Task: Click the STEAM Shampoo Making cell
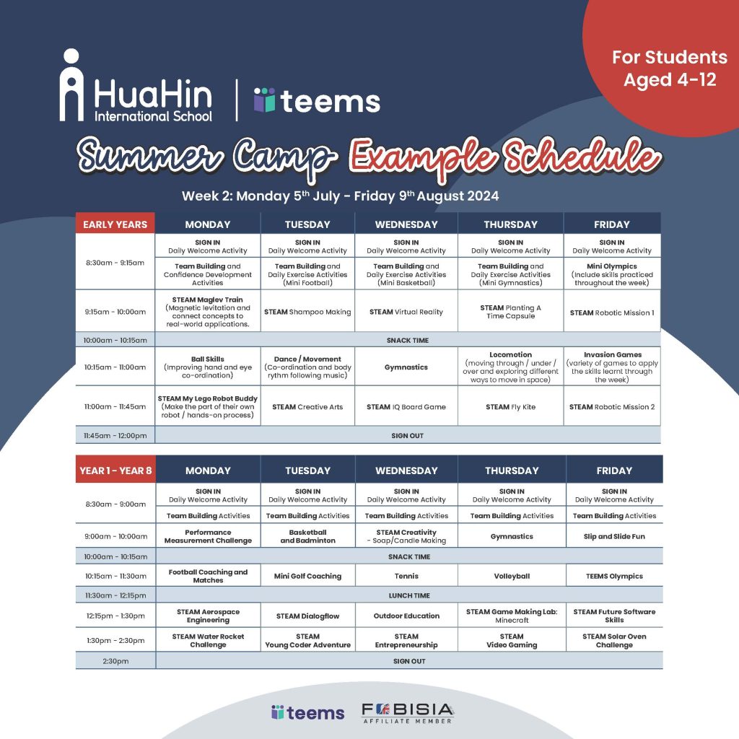coord(307,312)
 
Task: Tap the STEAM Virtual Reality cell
coord(406,312)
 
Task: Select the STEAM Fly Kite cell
coord(510,407)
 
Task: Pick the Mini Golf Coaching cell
coord(307,576)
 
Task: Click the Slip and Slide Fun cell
coord(614,536)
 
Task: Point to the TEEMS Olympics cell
coord(614,576)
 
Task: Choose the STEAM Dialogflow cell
coord(307,616)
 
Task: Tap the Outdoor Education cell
coord(406,616)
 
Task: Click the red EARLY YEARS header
coord(115,224)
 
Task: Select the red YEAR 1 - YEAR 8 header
coord(115,471)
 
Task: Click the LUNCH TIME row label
coord(409,595)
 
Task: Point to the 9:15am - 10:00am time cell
coord(115,312)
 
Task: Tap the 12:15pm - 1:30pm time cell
coord(115,616)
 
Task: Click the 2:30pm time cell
coord(115,661)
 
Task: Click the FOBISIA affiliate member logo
coord(408,713)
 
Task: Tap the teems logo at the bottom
coord(307,712)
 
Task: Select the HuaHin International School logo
coord(136,85)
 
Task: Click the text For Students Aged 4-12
coord(670,69)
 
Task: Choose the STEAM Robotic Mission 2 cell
coord(612,407)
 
